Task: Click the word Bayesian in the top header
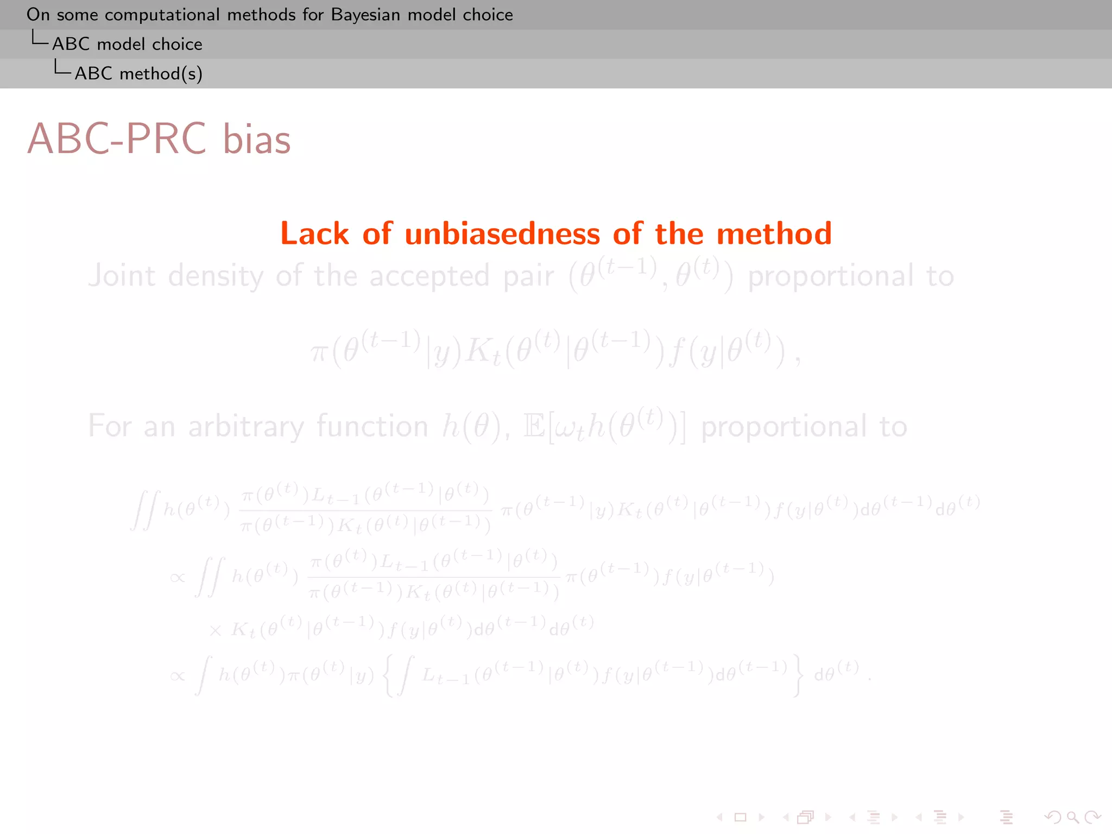point(366,15)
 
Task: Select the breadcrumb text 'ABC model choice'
point(127,44)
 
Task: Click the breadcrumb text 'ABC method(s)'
point(138,73)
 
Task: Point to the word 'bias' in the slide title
point(257,139)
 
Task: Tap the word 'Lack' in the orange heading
point(314,234)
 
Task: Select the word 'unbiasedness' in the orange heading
point(502,234)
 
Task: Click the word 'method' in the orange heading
point(774,234)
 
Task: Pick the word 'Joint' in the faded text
point(122,276)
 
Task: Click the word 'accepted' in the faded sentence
point(429,276)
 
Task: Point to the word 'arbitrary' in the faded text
point(246,427)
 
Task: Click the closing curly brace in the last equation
point(797,675)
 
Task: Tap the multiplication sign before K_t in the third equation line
point(215,630)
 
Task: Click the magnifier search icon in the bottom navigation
point(1072,817)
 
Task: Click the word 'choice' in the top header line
point(488,15)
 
